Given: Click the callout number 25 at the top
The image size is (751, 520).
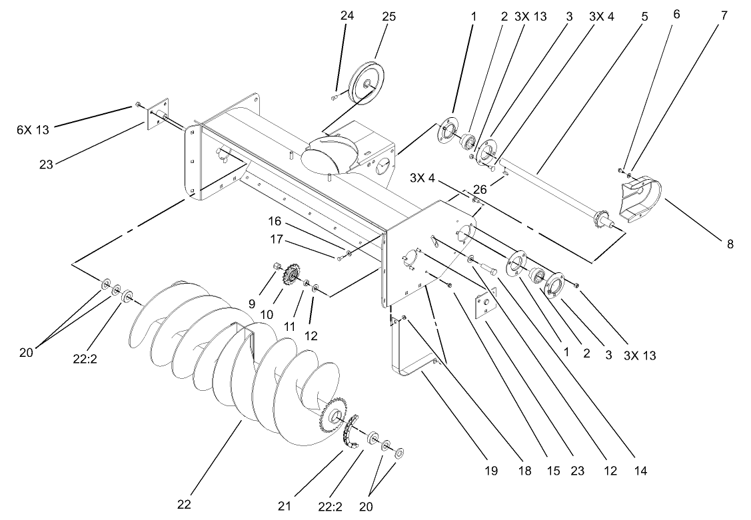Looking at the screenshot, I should coord(388,17).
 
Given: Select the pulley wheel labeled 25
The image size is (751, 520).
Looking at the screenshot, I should coord(366,83).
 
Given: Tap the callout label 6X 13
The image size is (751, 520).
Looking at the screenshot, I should coord(33,130).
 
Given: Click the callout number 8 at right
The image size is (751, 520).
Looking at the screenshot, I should coord(730,244).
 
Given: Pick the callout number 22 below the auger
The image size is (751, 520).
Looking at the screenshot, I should coord(184,504).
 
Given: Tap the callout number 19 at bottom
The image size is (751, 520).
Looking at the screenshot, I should coord(491,471).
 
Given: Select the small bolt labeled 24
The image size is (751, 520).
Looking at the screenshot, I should coord(334,98).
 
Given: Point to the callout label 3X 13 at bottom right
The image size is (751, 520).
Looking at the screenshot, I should coord(640,356).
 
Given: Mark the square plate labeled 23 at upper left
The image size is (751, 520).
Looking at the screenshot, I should coord(155,114).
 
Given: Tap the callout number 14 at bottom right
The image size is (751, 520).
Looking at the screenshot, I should coord(640,471).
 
